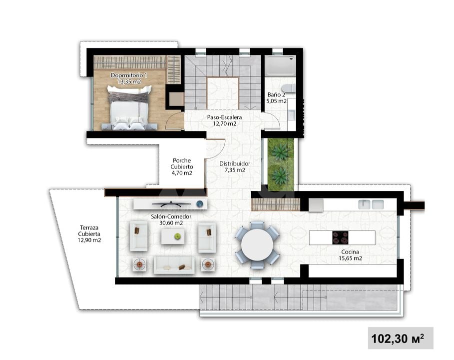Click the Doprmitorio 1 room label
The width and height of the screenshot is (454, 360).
[129, 78]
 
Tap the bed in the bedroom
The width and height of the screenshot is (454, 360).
[129, 107]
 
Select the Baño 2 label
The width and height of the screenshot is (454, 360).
[276, 97]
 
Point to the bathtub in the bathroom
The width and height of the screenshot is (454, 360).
[280, 66]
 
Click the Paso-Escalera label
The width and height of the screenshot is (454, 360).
[224, 120]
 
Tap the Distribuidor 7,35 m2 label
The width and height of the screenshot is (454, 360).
[235, 166]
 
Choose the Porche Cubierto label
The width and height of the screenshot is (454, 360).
[181, 166]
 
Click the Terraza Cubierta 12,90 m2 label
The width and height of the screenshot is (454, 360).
[89, 233]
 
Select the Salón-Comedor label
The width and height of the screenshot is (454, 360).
[171, 219]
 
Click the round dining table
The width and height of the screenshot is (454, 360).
[257, 245]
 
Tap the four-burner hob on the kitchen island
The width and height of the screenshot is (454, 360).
[340, 237]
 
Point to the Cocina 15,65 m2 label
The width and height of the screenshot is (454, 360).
[350, 255]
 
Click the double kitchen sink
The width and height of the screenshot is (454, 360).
[371, 204]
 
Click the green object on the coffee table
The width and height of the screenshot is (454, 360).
[177, 236]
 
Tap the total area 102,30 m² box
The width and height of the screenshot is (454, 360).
[401, 338]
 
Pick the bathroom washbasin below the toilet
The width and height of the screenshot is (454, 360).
[291, 115]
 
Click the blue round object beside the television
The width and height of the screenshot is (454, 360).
[199, 204]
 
